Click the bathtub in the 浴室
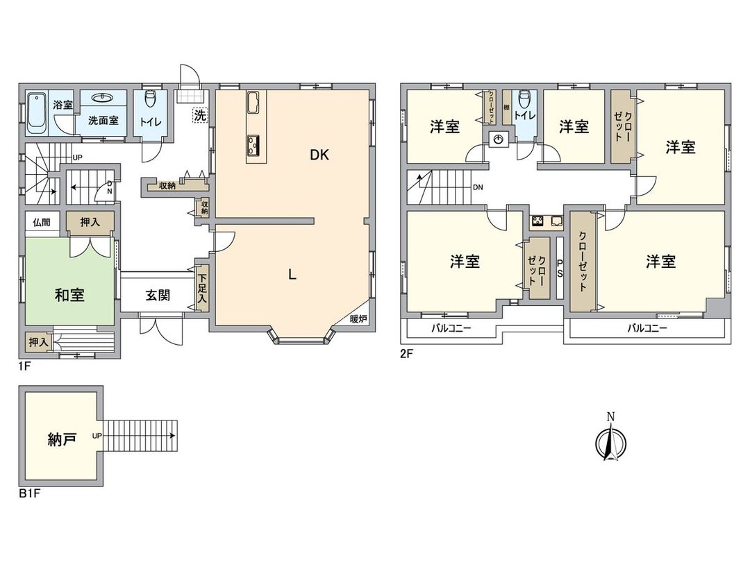(x=37, y=113)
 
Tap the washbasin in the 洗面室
(x=103, y=98)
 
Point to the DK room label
(x=319, y=155)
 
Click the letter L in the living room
(x=292, y=274)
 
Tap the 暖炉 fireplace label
(x=358, y=318)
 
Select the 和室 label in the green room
(x=69, y=295)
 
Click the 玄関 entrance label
(x=158, y=295)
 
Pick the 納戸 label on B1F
(x=62, y=438)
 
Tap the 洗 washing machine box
(x=200, y=115)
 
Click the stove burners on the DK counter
(x=253, y=144)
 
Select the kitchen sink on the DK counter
(x=253, y=102)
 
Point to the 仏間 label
(x=42, y=222)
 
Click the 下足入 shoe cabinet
(x=203, y=289)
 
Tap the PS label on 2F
(x=560, y=268)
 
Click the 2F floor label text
(x=406, y=354)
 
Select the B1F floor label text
(x=29, y=494)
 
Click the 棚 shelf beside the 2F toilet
(x=506, y=107)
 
